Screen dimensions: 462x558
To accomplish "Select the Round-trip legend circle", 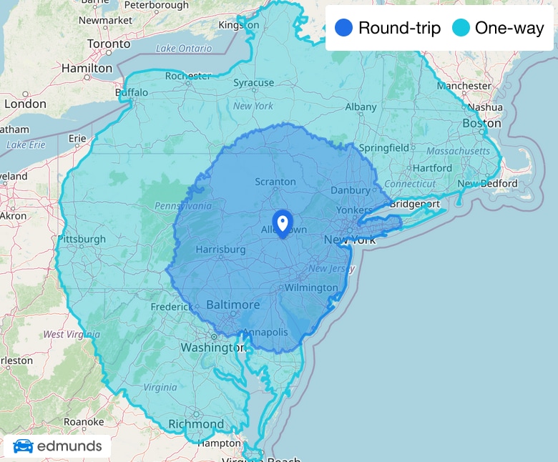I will coord(344,29).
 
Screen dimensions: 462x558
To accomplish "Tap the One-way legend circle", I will coord(461,29).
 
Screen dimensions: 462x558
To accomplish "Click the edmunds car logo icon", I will coord(23,447).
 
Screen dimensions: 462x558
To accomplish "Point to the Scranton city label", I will coord(275,182).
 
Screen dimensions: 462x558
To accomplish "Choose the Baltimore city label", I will coord(232,305).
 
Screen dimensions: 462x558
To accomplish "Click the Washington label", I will coord(211,348).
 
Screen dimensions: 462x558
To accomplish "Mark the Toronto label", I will coord(109,44).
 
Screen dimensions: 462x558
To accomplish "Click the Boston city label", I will coord(481,123).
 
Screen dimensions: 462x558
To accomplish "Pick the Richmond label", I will coord(196,424).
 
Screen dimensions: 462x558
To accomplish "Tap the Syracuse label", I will coord(253,83).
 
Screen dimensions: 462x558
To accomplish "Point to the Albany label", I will coord(361,107).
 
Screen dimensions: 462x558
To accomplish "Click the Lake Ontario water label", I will coord(183,48).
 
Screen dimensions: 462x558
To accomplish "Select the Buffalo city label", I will coord(132,92).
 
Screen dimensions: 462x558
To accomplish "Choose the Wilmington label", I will coord(311,287).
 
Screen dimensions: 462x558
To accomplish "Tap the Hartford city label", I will coord(432,168).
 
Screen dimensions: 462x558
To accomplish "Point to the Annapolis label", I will coord(265,333).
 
